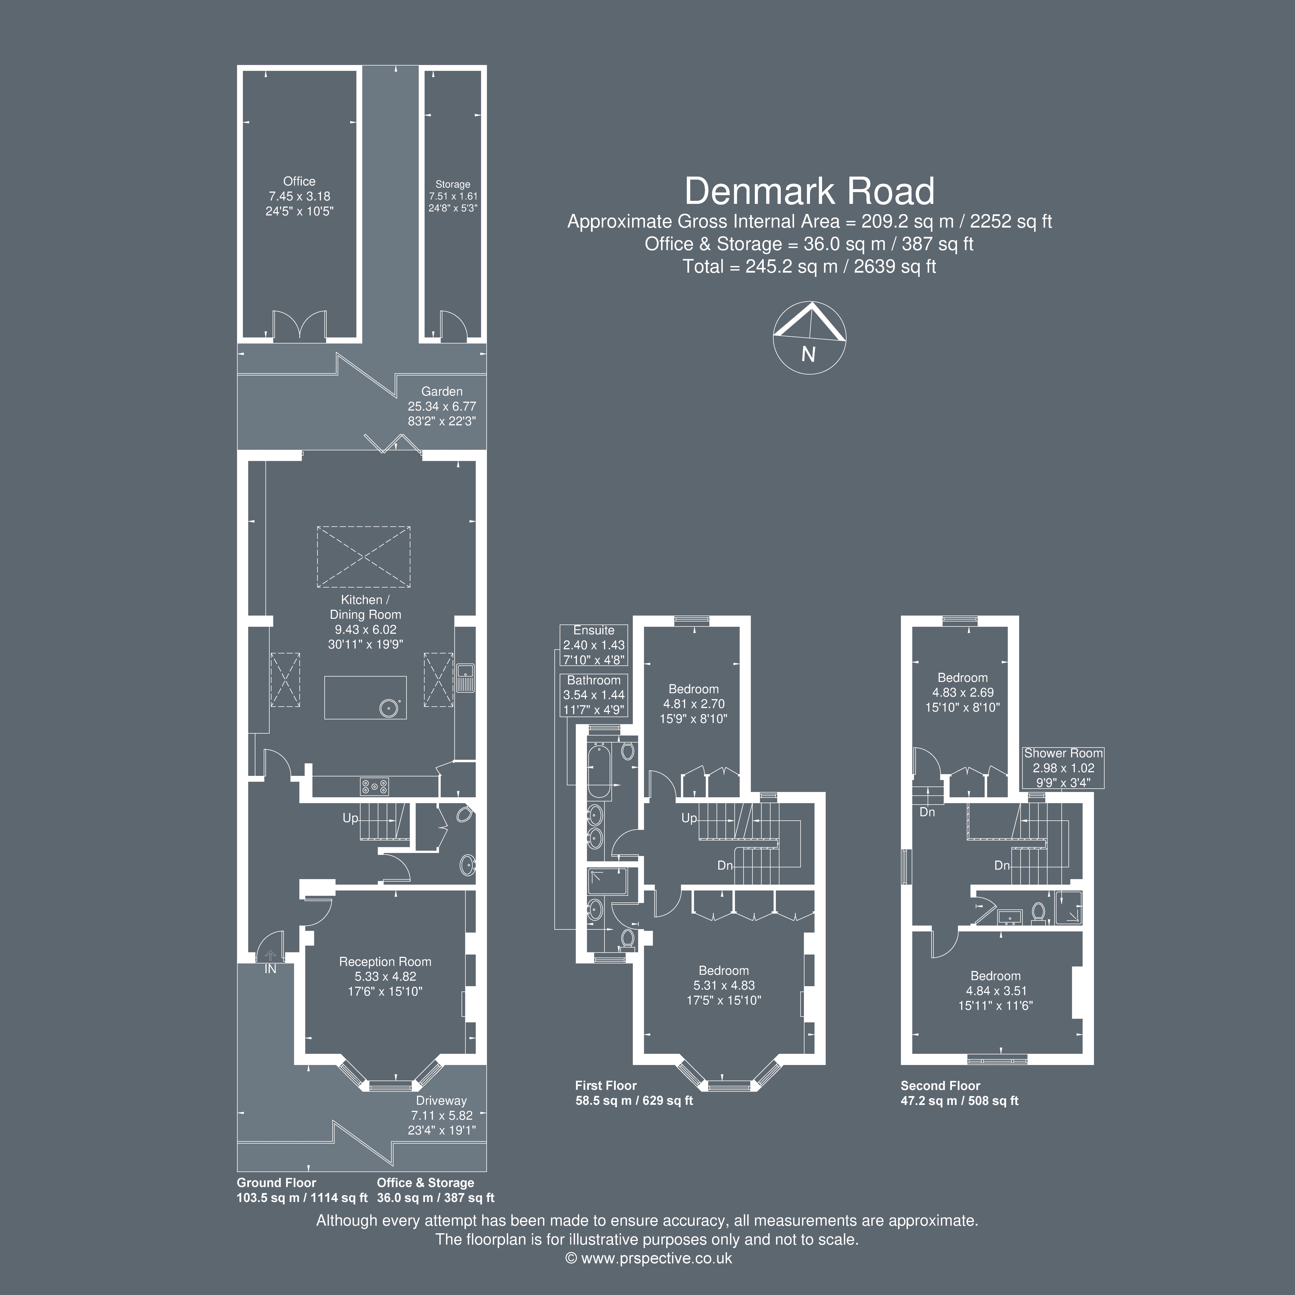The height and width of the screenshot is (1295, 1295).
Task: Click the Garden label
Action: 442,391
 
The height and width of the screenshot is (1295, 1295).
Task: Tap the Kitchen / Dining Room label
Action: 365,607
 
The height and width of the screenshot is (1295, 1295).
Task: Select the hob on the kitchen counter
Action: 374,786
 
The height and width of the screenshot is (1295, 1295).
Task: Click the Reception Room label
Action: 385,962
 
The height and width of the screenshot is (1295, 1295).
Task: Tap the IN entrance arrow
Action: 270,956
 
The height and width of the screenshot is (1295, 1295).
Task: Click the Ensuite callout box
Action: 594,645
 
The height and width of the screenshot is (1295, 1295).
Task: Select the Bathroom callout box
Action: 594,695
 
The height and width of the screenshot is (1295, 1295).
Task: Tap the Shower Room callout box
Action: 1063,768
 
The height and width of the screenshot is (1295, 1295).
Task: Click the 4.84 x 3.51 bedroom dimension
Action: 996,991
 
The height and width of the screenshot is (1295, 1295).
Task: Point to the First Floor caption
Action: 606,1085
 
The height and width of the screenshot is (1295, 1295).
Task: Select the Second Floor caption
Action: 941,1085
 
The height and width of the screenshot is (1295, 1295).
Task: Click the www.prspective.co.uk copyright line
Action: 649,1258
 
